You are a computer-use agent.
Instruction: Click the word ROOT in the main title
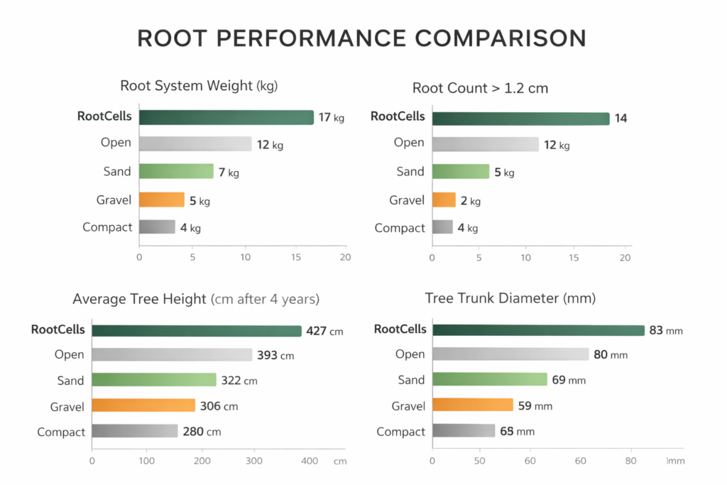point(177,38)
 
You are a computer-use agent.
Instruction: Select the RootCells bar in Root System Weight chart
point(226,117)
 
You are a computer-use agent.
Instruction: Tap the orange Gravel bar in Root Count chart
point(443,200)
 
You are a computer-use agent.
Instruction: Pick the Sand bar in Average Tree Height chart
point(153,380)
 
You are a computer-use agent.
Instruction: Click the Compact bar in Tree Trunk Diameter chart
point(463,431)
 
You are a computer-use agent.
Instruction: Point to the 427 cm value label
point(324,331)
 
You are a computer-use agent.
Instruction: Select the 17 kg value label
point(331,118)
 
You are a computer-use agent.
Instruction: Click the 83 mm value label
point(666,330)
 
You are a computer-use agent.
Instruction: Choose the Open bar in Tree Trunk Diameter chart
point(510,354)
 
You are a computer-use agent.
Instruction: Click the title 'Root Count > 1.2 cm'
point(480,88)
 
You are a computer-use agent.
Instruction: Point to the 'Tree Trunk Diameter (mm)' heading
point(510,298)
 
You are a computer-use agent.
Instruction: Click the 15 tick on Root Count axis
point(574,257)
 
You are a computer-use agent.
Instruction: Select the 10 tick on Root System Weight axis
point(245,257)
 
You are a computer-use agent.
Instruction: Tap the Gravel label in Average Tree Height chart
point(67,406)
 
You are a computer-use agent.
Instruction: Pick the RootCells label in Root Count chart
point(398,116)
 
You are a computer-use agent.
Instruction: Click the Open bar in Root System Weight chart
point(195,144)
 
